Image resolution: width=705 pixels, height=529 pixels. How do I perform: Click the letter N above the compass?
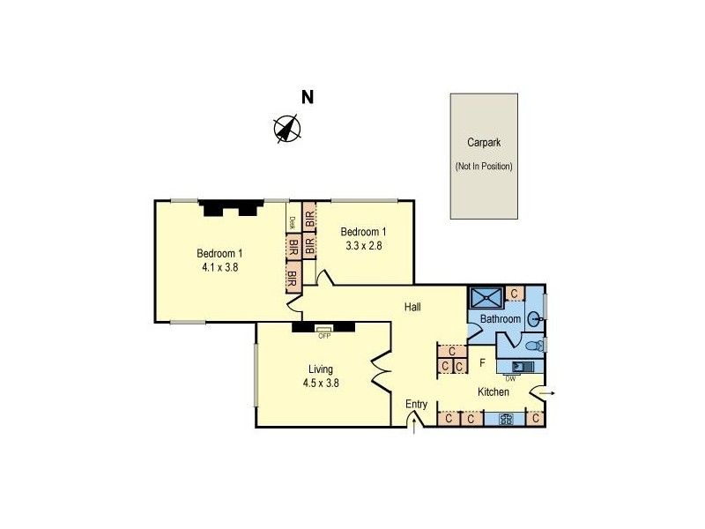[308, 98]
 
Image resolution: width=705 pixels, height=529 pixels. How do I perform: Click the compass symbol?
[287, 129]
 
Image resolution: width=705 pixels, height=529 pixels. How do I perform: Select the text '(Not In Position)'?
[484, 166]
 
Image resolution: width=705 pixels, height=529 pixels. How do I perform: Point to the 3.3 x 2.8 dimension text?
[362, 246]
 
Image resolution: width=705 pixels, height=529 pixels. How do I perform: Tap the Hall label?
[412, 307]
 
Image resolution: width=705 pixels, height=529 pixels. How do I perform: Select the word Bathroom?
[501, 318]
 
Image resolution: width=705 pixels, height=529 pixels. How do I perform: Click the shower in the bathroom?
[486, 296]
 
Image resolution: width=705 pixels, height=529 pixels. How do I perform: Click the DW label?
[510, 379]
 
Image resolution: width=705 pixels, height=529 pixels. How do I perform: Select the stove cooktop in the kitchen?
[506, 419]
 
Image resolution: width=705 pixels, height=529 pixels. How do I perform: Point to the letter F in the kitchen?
[482, 362]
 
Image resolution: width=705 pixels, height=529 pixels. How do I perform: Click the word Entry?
[416, 405]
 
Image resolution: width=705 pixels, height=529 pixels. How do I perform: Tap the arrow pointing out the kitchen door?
[547, 392]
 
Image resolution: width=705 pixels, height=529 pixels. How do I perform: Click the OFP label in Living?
[324, 335]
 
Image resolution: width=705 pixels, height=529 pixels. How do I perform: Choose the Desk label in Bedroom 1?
[292, 223]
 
